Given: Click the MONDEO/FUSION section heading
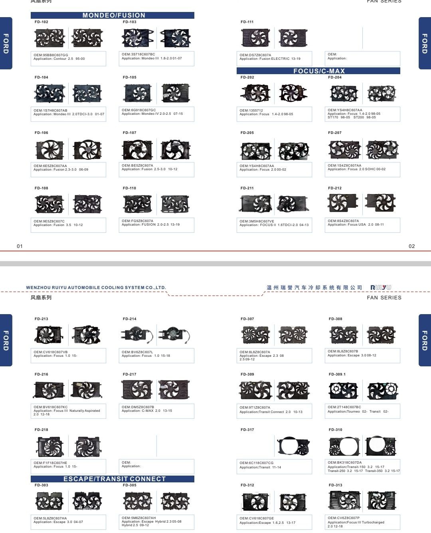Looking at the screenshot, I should pos(113,15).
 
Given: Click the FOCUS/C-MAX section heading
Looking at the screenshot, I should pos(319,71).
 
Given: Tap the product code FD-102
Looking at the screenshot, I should pos(41,22).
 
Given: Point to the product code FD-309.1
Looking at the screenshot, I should pos(337,374).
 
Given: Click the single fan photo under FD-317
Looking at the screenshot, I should pos(293,446).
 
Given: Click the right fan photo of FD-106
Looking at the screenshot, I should pos(87,150).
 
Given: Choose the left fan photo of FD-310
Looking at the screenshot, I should pos(344,446).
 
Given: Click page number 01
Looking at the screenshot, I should pos(20,246).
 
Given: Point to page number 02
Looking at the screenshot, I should pos(411,246).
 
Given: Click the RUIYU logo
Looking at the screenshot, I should pos(381,287).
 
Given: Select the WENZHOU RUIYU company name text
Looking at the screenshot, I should pos(96,287).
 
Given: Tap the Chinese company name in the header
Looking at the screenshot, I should pos(314,287).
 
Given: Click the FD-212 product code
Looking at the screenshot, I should pos(334,188).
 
